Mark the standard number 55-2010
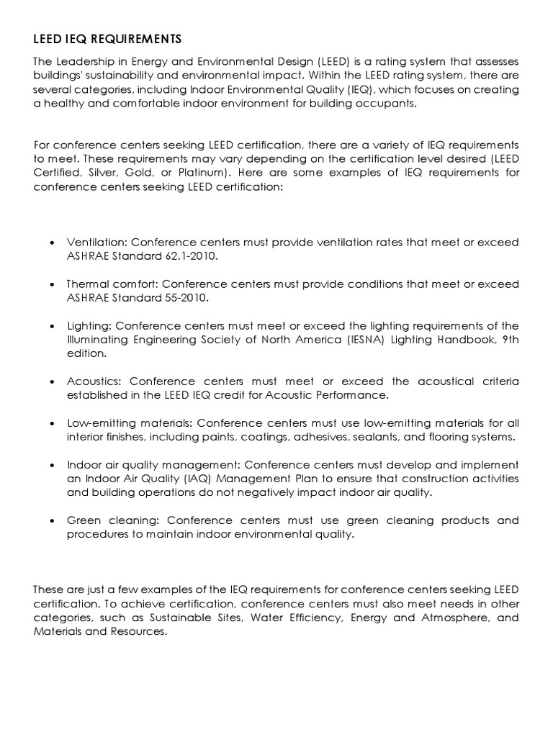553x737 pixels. [x=182, y=298]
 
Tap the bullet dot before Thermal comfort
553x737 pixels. [x=55, y=285]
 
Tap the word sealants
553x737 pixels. [x=370, y=437]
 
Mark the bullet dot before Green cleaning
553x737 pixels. [x=55, y=520]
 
